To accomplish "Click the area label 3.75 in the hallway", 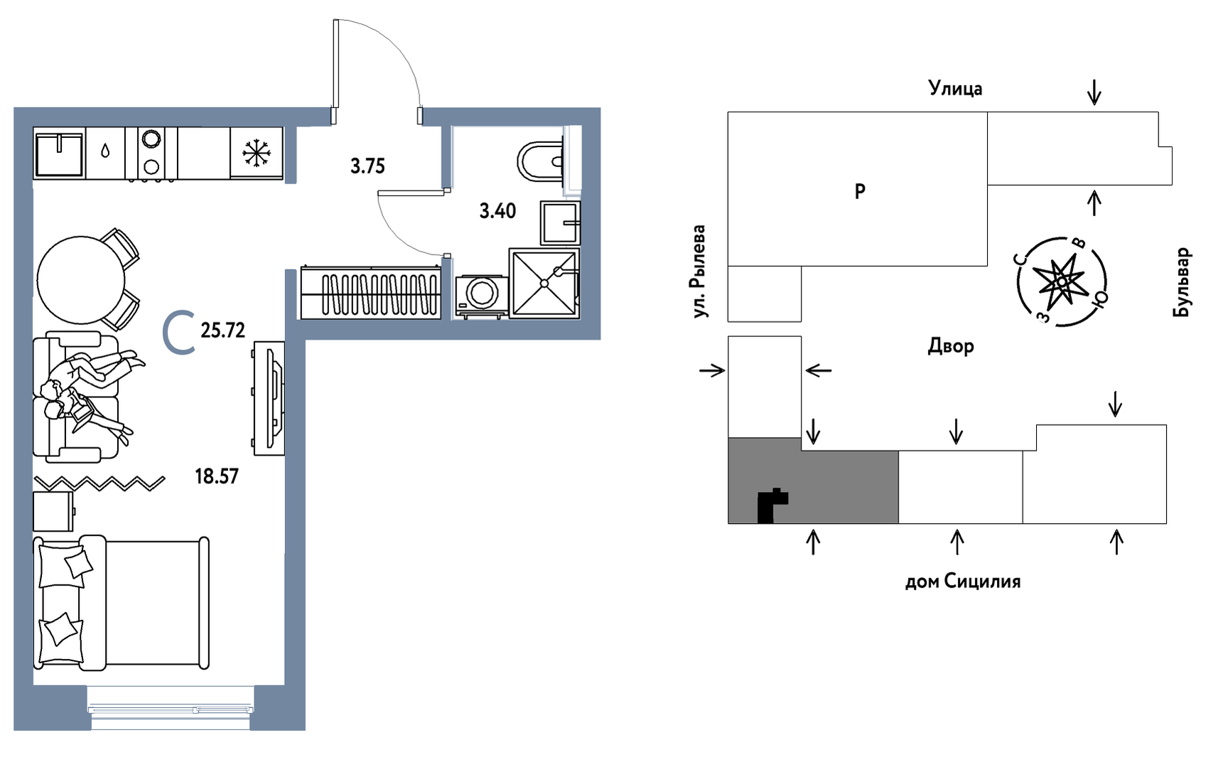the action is tap(367, 166).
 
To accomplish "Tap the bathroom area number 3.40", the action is tap(497, 210).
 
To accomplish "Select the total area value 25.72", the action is tap(222, 330).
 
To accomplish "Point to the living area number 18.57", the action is tap(217, 476).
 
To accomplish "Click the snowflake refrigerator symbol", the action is tap(257, 153).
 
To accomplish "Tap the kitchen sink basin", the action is tap(59, 153).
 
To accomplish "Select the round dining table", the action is tap(81, 280).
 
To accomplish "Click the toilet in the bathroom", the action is tap(542, 161).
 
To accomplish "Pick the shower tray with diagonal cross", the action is tap(544, 283).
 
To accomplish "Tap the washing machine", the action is tap(481, 295).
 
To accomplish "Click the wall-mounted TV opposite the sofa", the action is tap(271, 397).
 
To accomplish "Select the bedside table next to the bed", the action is tap(53, 511).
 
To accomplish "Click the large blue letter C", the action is tap(178, 332).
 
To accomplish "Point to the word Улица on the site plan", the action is tap(955, 88).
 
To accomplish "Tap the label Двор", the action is tap(951, 345).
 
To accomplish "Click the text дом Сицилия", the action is tap(963, 581).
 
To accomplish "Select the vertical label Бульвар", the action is tap(1181, 282).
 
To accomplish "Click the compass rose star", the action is tap(1062, 281).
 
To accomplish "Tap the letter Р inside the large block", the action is tap(860, 191).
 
